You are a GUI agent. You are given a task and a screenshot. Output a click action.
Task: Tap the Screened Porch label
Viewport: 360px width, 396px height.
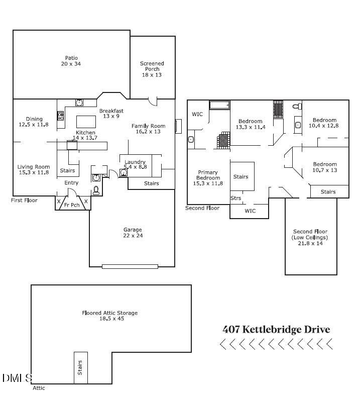[x=152, y=69]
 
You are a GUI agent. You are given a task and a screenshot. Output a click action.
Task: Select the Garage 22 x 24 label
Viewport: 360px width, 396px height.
[x=133, y=233]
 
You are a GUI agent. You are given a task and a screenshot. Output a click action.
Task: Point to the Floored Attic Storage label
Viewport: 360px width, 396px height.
[x=109, y=316]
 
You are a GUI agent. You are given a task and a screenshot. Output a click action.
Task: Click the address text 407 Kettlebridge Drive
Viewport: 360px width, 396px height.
[x=276, y=330]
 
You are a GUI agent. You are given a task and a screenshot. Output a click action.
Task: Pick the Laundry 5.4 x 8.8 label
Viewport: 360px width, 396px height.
[x=136, y=164]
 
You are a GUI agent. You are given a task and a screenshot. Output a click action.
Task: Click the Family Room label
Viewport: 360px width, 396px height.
[x=148, y=129]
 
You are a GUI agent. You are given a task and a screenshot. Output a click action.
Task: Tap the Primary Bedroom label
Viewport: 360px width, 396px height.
[x=208, y=177]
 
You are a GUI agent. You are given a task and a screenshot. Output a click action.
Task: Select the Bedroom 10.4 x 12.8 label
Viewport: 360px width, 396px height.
[x=324, y=123]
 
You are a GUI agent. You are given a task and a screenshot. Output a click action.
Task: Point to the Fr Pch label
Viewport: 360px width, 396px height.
[x=71, y=205]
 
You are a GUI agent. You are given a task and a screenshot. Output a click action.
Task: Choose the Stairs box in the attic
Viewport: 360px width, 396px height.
[x=79, y=368]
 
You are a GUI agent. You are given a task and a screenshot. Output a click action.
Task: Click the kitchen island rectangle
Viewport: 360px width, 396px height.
[x=86, y=122]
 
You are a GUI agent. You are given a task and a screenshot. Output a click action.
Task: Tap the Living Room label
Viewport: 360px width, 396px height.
[x=34, y=169]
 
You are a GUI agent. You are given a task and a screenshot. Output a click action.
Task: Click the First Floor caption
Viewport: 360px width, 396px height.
[x=25, y=201]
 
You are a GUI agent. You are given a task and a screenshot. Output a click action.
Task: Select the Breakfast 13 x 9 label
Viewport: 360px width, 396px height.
[x=111, y=114]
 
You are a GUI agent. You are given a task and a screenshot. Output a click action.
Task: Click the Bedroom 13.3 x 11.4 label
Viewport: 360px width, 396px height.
[x=251, y=124]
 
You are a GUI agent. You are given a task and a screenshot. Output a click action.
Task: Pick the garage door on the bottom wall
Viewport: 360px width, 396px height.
[x=130, y=266]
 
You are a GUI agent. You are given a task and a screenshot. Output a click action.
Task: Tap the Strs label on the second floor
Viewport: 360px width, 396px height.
[x=235, y=198]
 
